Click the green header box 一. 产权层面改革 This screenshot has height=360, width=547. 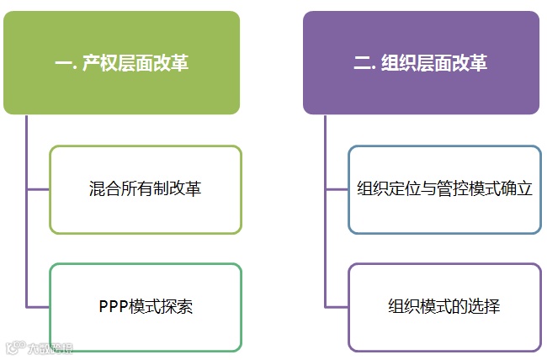121,63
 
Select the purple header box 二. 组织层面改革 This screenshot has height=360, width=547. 421,63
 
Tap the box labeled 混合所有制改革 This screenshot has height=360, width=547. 146,189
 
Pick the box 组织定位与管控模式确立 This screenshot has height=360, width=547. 444,189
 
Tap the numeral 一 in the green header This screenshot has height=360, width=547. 62,64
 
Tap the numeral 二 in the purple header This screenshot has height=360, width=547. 362,64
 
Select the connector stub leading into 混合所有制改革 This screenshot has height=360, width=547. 38,189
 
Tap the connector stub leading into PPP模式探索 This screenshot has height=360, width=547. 38,306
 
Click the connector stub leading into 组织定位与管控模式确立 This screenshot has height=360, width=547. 337,189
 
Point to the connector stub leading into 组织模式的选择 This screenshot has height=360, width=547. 337,306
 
